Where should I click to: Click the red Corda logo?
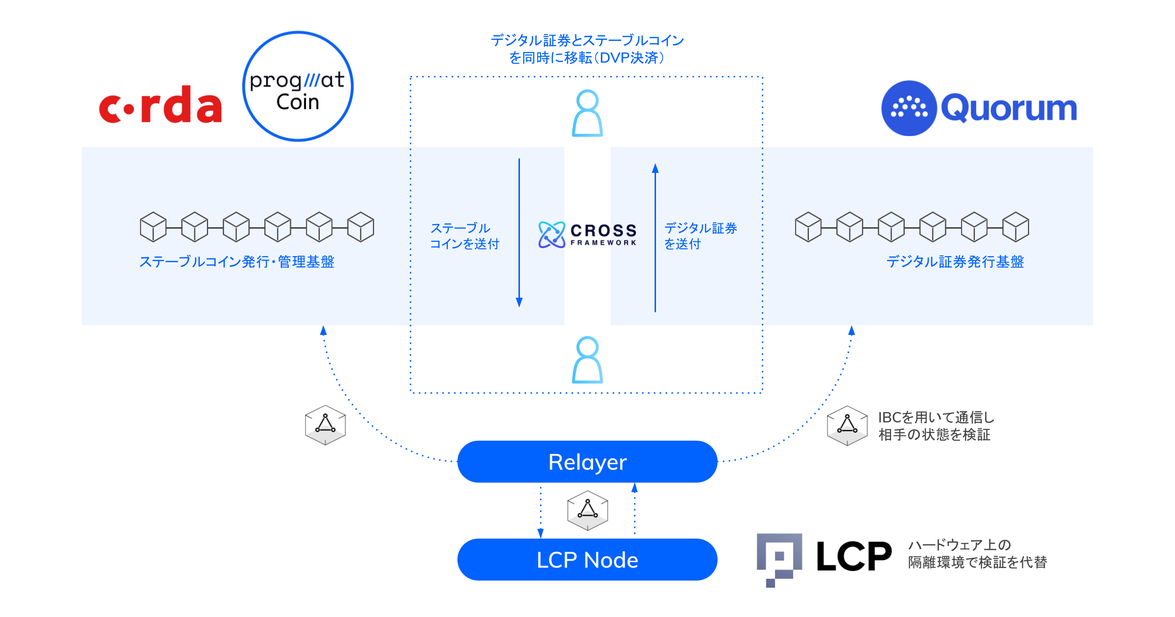tap(160, 105)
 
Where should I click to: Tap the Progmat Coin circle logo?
tap(298, 87)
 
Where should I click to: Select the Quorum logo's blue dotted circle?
tap(909, 108)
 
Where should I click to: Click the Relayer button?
tap(587, 462)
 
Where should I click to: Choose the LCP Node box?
tap(587, 560)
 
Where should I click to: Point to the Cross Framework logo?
tap(587, 235)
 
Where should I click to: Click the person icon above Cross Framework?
tap(587, 113)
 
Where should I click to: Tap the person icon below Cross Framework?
tap(587, 360)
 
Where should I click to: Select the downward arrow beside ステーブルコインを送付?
tap(519, 233)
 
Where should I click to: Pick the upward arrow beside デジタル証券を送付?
tap(655, 237)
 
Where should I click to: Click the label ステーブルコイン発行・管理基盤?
tap(237, 262)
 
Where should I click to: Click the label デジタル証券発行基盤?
tap(955, 262)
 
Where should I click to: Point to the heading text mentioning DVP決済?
tap(587, 49)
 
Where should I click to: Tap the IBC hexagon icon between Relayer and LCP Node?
tap(587, 510)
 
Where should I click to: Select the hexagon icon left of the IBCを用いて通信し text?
tap(847, 425)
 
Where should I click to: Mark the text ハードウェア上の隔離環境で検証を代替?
tap(977, 554)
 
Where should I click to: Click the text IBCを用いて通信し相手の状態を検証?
tap(936, 426)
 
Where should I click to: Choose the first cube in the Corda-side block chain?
tap(153, 227)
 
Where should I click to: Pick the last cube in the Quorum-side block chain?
tap(1015, 227)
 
